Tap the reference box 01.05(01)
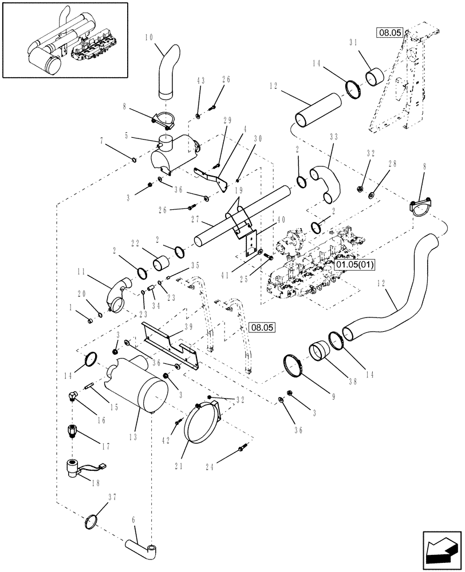tap(352, 265)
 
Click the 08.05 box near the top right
tap(389, 33)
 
